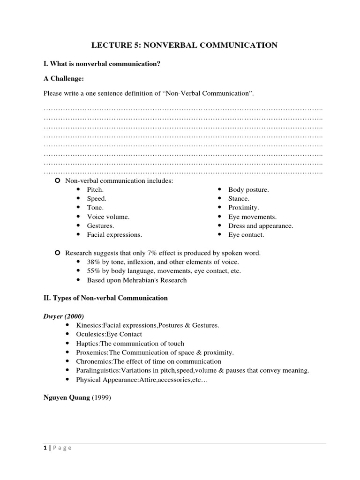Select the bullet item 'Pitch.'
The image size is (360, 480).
[95, 189]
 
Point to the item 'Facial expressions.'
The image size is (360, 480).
[114, 234]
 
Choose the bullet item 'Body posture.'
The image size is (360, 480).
[248, 189]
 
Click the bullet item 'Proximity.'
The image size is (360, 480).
[243, 207]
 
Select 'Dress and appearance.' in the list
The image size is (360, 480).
[261, 225]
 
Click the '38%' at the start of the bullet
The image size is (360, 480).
[94, 262]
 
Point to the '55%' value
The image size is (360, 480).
[94, 271]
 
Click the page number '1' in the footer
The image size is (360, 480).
[45, 448]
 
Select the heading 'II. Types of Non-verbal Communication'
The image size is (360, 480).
[105, 298]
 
